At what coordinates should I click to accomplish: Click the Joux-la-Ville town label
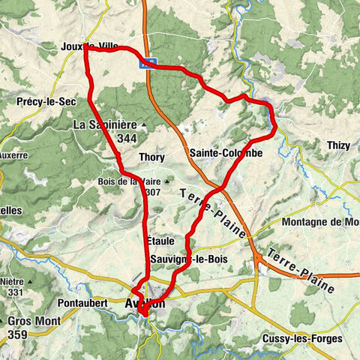coord(90,46)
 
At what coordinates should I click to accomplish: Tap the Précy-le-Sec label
coord(37,100)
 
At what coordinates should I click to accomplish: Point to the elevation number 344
coord(126,138)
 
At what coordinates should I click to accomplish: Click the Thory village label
coord(151,157)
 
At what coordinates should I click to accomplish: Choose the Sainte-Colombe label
coord(226,152)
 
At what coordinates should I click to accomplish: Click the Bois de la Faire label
coord(127,181)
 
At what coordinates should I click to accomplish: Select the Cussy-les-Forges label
coord(302,339)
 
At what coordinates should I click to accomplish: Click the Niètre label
coord(14,279)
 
